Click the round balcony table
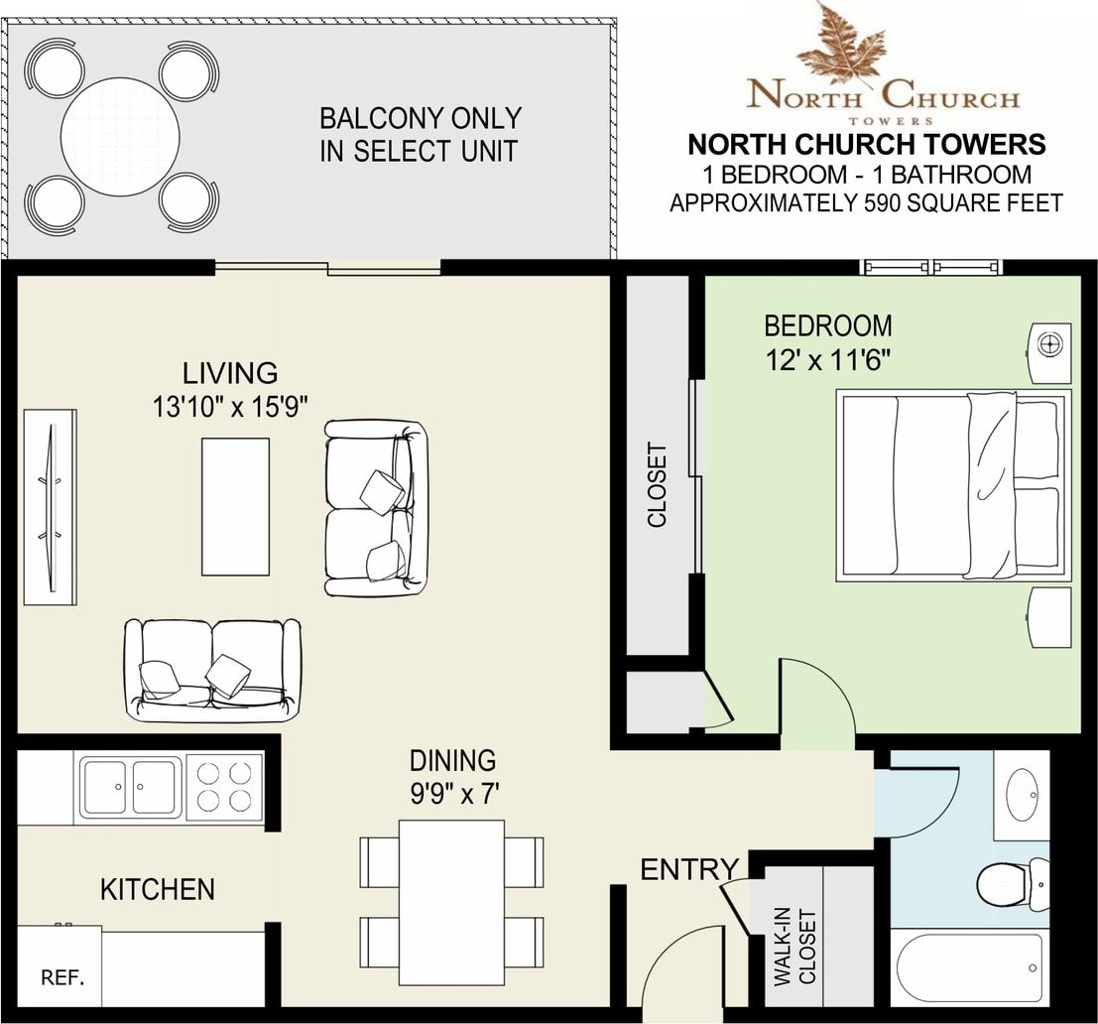(x=120, y=137)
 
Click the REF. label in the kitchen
(x=63, y=977)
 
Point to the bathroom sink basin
(x=1023, y=794)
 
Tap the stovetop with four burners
(x=224, y=786)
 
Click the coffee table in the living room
(x=235, y=507)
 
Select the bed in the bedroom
(x=954, y=485)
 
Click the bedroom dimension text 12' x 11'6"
(x=827, y=361)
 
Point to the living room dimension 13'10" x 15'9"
(x=230, y=406)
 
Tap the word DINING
(x=452, y=761)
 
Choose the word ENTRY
(x=689, y=869)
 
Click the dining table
(x=451, y=902)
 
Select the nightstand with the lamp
(x=1049, y=352)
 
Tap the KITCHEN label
(x=158, y=889)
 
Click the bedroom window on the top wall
(x=930, y=267)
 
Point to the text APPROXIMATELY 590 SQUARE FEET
(x=866, y=203)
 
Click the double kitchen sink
(x=129, y=787)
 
